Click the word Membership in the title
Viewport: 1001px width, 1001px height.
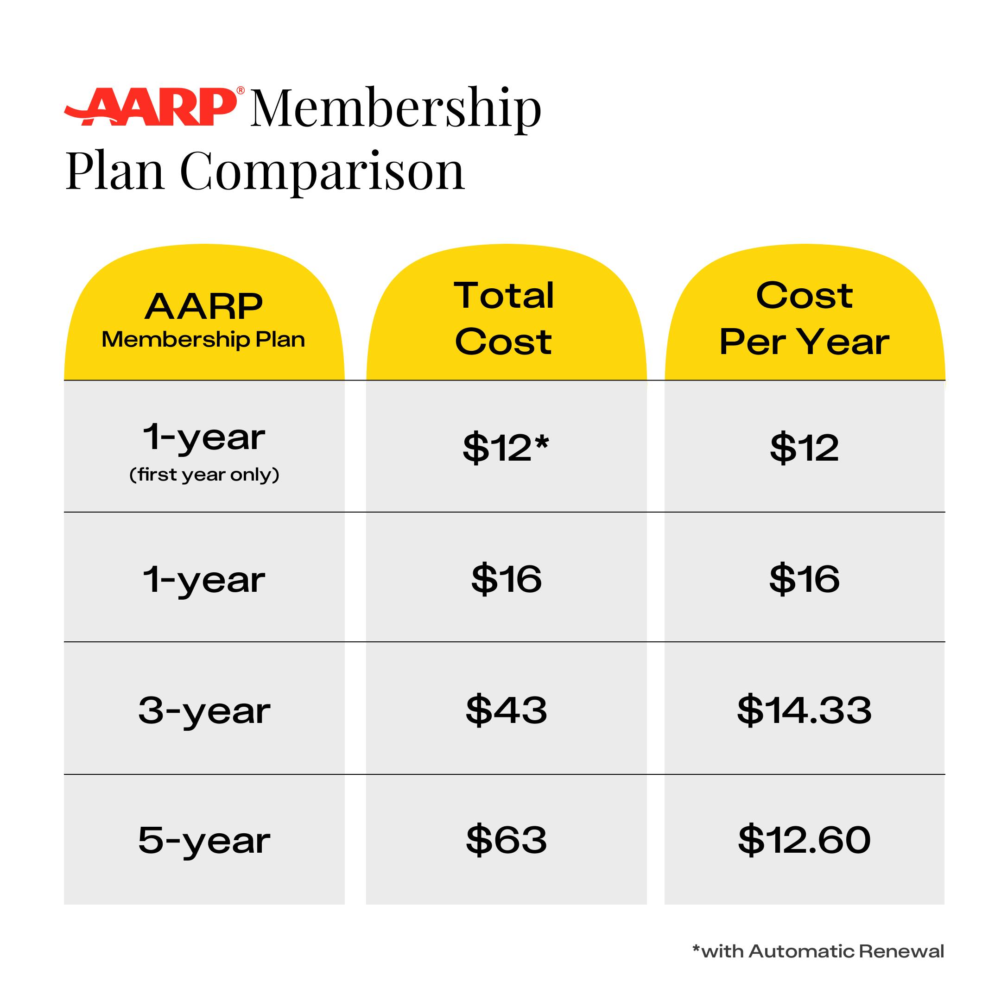point(396,109)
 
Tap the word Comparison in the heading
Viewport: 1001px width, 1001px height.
point(322,171)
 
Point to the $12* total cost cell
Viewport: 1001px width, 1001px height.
point(505,447)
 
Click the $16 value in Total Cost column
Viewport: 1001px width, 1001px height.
point(506,579)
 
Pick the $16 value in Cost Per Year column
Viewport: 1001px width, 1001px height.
point(804,579)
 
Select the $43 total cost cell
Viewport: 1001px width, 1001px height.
point(506,710)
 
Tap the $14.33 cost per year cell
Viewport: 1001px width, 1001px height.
point(804,710)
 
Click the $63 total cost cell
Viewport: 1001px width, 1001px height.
point(506,840)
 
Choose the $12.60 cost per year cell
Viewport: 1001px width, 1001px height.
point(804,840)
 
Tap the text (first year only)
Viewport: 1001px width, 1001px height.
point(204,475)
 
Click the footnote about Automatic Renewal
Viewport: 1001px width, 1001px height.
point(818,951)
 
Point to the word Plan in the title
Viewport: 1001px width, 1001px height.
point(115,171)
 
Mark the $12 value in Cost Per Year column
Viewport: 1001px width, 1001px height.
point(804,447)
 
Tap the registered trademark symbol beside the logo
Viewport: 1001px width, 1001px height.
point(241,91)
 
